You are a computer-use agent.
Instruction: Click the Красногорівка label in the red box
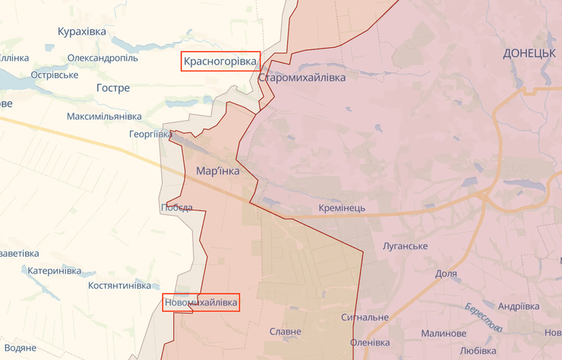[x=220, y=61]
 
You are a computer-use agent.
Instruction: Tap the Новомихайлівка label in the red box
[x=200, y=303]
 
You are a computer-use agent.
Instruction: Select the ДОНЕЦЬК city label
[x=531, y=52]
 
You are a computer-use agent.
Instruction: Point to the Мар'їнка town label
[x=217, y=171]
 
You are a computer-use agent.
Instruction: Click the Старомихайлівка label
[x=302, y=78]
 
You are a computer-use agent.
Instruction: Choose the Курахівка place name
[x=82, y=31]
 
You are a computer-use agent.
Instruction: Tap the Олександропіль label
[x=103, y=58]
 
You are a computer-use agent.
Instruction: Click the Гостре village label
[x=113, y=88]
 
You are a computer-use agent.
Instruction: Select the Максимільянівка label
[x=104, y=116]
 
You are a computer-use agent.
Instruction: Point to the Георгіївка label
[x=150, y=134]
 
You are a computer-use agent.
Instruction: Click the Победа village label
[x=176, y=207]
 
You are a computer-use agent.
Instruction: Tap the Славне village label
[x=286, y=331]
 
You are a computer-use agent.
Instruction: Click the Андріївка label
[x=519, y=306]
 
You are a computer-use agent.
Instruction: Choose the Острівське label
[x=55, y=75]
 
